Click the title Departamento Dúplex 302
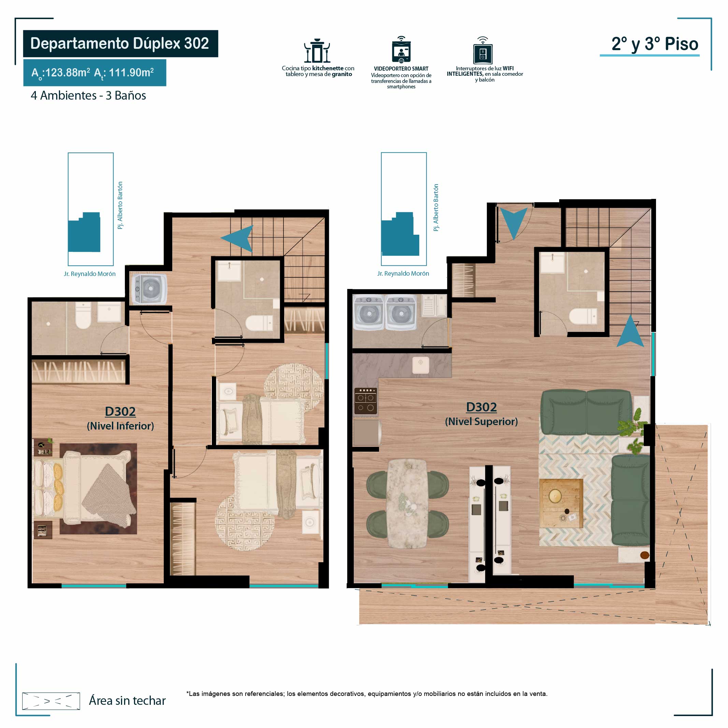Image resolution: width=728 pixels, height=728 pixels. [119, 43]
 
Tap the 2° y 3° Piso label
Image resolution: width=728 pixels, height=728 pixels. [655, 44]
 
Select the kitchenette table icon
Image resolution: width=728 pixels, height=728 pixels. [317, 50]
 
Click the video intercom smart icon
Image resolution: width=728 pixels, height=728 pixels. [401, 50]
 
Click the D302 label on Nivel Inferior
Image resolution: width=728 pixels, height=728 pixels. [120, 411]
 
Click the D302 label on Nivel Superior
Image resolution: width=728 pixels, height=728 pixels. [481, 407]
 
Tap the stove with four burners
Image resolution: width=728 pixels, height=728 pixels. [365, 401]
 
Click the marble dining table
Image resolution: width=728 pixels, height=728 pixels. [408, 504]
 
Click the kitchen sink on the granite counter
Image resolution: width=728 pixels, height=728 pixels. [421, 365]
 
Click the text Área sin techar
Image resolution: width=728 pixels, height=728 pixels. [127, 700]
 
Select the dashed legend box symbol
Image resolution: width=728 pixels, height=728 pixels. [51, 701]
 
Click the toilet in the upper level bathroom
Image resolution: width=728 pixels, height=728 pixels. [583, 316]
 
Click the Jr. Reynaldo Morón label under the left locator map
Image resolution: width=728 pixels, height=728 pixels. [90, 274]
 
